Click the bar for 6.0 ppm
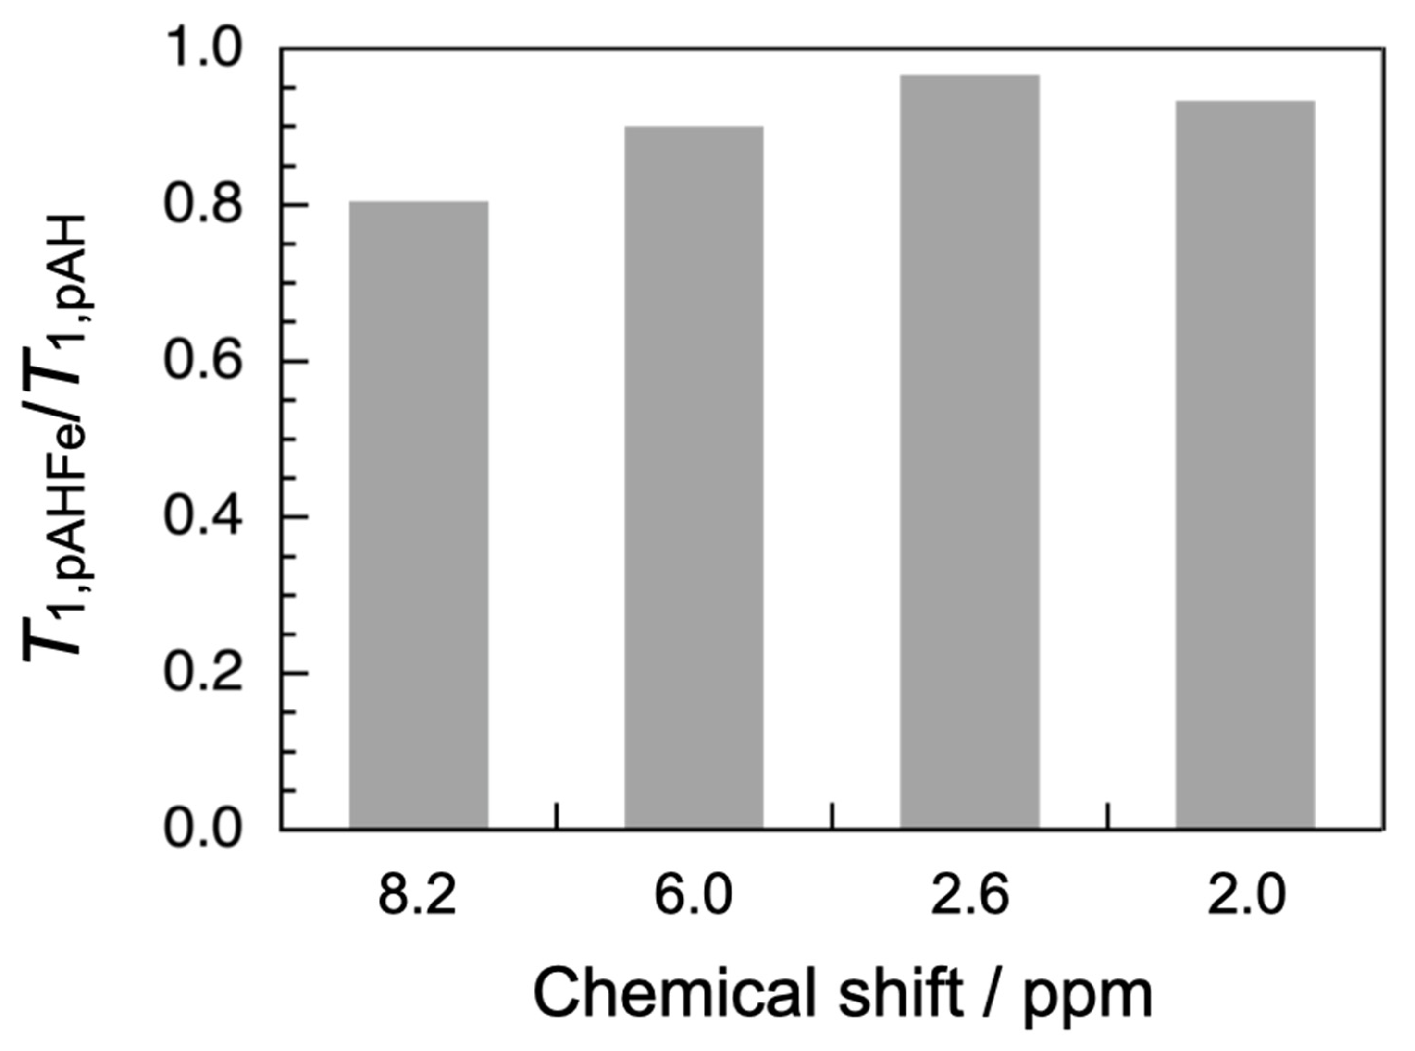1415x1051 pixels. (x=694, y=477)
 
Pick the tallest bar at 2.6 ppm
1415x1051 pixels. (x=969, y=452)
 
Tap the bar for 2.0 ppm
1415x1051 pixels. (x=1245, y=464)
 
